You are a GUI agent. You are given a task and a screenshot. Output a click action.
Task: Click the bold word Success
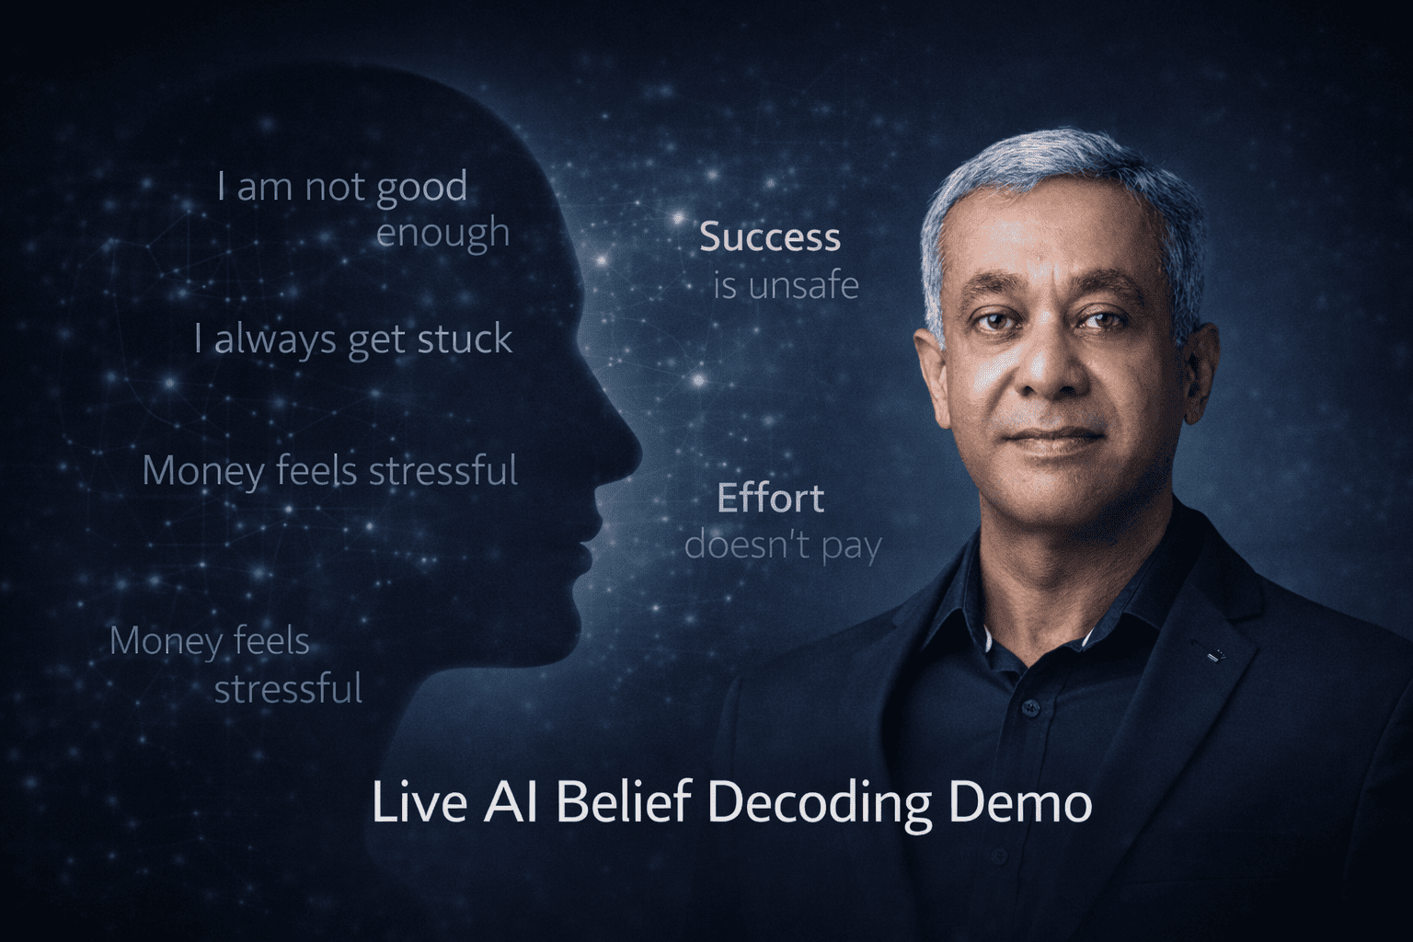click(x=770, y=237)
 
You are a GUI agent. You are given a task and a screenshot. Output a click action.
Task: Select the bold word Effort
click(x=770, y=499)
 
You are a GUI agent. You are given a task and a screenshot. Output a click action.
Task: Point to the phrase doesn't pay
click(x=783, y=546)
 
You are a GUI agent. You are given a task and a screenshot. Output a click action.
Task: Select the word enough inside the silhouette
click(x=442, y=232)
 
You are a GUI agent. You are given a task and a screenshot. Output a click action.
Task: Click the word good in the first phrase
click(x=421, y=188)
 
